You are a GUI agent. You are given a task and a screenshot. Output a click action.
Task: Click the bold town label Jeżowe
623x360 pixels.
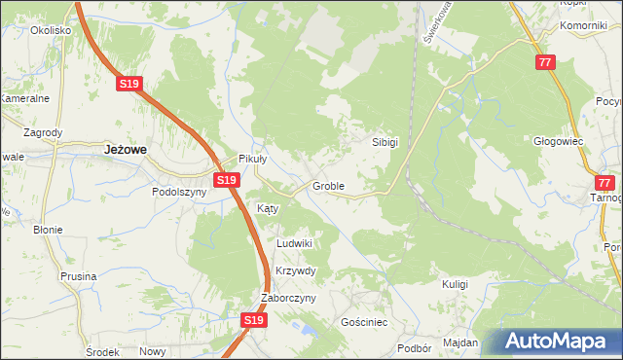tap(125, 150)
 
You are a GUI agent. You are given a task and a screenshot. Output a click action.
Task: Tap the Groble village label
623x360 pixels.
tap(327, 185)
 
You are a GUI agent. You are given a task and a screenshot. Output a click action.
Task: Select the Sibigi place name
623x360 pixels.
tap(385, 141)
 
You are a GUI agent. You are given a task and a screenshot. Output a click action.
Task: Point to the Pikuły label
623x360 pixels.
tap(253, 161)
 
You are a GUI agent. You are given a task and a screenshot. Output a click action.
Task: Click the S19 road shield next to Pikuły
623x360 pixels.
tap(227, 180)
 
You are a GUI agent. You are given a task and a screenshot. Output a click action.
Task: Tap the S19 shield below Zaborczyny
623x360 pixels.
tap(253, 319)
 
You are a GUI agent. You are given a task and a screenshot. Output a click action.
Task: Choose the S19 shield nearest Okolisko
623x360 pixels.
tap(129, 85)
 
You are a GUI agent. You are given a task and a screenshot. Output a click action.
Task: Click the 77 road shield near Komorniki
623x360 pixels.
tap(545, 61)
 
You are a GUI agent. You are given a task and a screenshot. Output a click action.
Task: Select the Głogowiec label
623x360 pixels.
tap(558, 140)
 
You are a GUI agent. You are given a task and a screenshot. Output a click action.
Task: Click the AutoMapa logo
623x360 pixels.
tap(558, 341)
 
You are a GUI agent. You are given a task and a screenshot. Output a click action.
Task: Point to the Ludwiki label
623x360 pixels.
tap(294, 243)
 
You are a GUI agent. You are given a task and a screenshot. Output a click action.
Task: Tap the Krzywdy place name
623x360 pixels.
tap(296, 270)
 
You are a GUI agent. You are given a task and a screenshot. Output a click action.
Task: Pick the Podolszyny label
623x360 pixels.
tap(179, 192)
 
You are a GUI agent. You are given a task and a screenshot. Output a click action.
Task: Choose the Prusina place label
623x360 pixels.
tap(78, 276)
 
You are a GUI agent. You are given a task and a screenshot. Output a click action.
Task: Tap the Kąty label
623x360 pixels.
tap(268, 208)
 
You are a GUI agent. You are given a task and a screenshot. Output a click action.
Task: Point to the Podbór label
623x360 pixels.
tap(415, 347)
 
